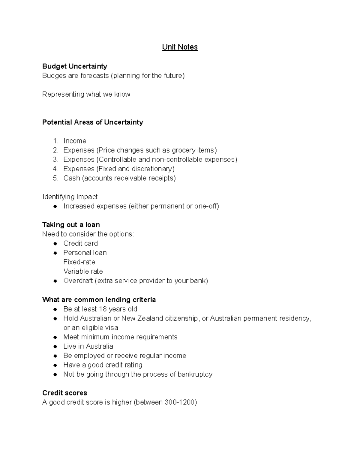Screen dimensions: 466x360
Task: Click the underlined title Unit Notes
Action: pyautogui.click(x=180, y=47)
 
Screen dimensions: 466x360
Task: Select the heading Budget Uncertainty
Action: pyautogui.click(x=75, y=66)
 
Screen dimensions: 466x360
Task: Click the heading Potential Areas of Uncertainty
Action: pyautogui.click(x=93, y=122)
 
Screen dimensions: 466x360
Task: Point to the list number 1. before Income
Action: pyautogui.click(x=55, y=141)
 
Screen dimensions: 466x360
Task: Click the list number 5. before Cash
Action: pyautogui.click(x=55, y=178)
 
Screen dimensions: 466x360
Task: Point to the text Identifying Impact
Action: pyautogui.click(x=70, y=197)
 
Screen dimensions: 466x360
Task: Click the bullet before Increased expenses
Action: pyautogui.click(x=55, y=206)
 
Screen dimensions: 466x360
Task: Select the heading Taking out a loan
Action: pyautogui.click(x=71, y=225)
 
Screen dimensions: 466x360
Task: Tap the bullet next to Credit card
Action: pyautogui.click(x=55, y=244)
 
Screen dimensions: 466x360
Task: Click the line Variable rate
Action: pyautogui.click(x=83, y=271)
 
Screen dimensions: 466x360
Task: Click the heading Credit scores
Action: pyautogui.click(x=65, y=393)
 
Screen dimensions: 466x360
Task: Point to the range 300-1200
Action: pyautogui.click(x=179, y=402)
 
